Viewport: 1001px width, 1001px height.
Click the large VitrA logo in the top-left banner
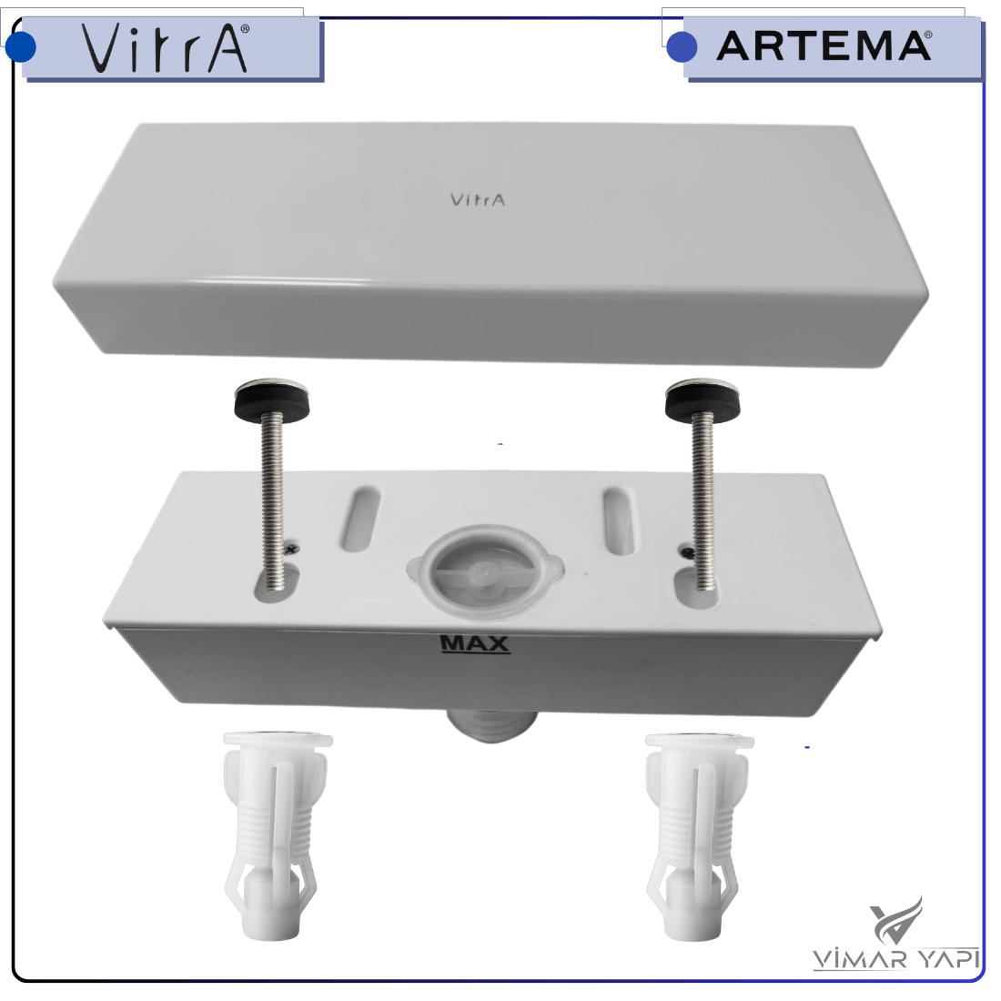coord(165,48)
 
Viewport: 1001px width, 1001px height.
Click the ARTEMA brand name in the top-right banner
coord(824,46)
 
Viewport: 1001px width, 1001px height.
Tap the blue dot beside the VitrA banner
coord(20,46)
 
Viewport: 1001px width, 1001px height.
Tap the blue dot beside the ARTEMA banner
coord(682,46)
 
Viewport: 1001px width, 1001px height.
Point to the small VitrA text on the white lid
coord(478,200)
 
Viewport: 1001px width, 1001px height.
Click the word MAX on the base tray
coord(475,642)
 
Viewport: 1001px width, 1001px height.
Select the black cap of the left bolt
coord(271,396)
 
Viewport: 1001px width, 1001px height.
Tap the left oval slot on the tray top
coord(360,519)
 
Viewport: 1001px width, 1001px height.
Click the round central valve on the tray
coord(484,571)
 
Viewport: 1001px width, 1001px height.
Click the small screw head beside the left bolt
coord(292,548)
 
